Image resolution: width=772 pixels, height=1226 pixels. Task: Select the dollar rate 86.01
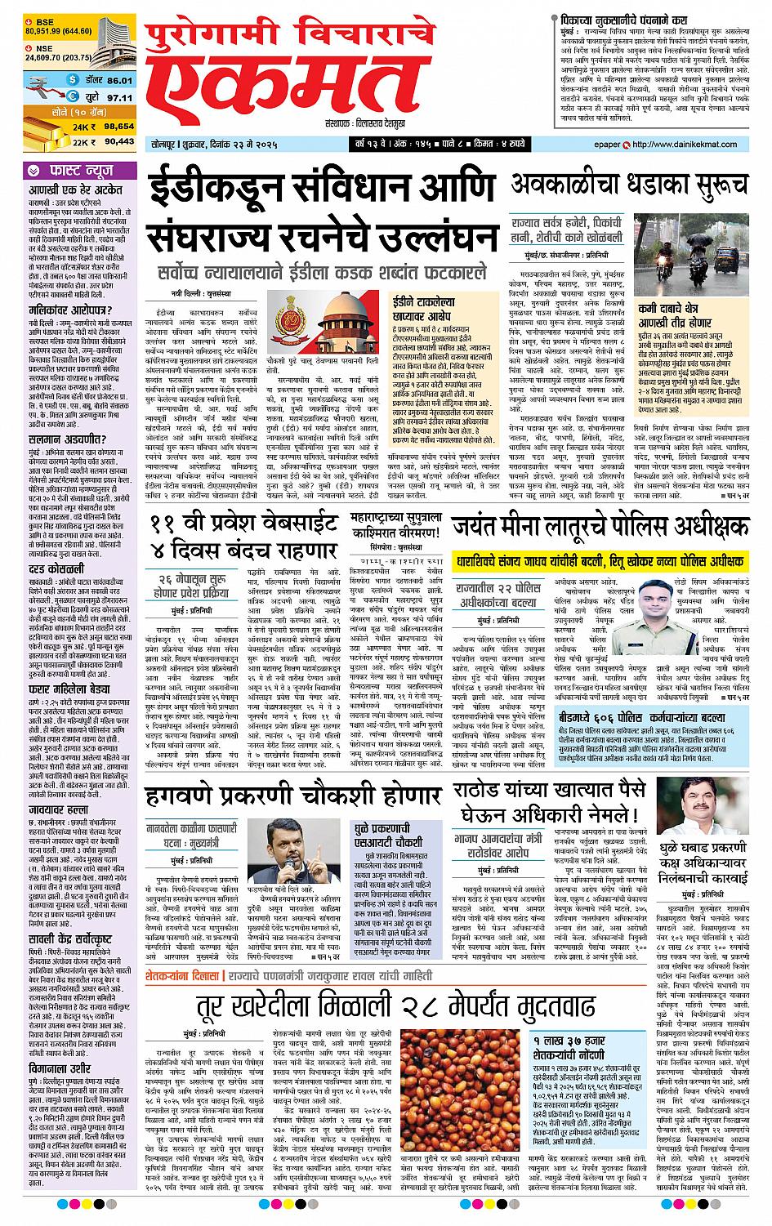pos(119,80)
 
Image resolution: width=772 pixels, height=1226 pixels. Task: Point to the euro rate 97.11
pos(119,96)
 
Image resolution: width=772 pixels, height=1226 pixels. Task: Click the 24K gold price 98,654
pos(119,127)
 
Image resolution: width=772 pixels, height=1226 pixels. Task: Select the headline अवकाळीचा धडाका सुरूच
pos(630,183)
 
